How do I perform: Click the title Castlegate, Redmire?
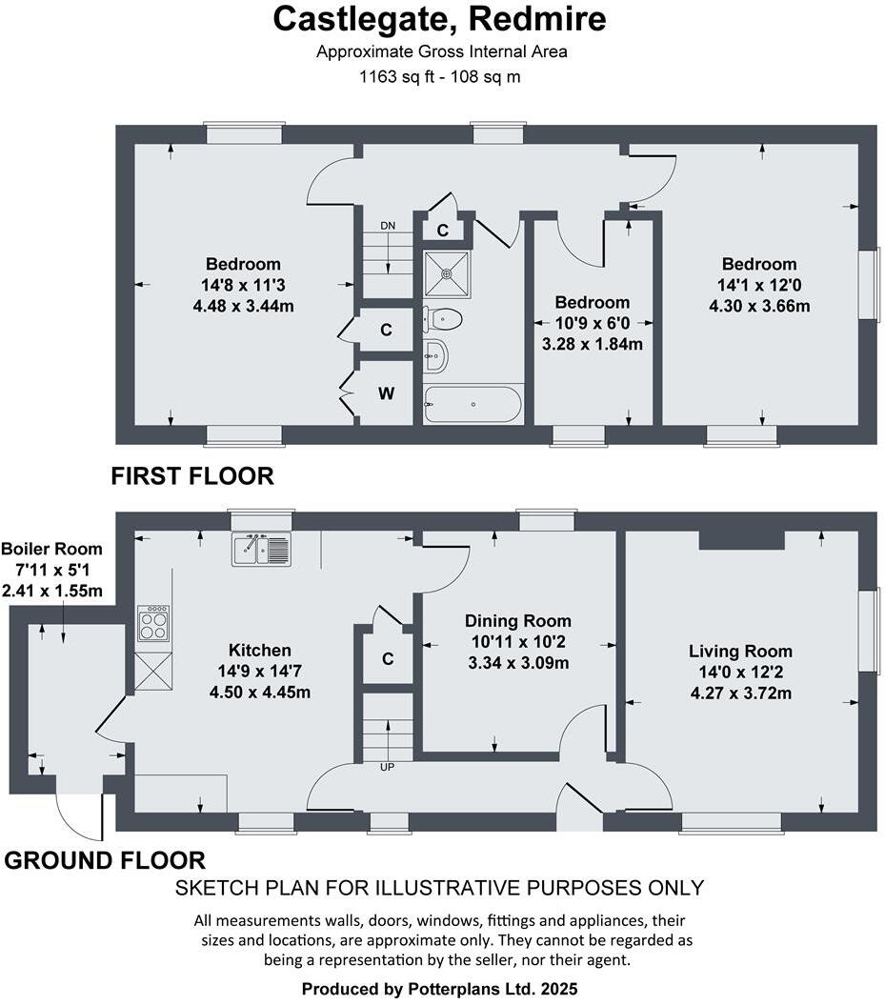pos(439,19)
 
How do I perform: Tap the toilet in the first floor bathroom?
pos(446,319)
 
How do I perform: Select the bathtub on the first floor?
pos(473,404)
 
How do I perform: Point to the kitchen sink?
pos(260,550)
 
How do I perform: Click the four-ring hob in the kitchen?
pos(153,625)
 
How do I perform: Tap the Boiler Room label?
pos(51,550)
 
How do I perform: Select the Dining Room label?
pos(519,621)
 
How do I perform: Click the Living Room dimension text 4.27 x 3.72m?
pos(740,693)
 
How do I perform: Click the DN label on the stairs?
pos(388,226)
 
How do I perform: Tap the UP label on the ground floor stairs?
pos(387,766)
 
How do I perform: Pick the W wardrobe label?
pos(386,392)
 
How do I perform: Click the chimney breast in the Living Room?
pos(741,540)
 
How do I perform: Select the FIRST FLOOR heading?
pos(192,475)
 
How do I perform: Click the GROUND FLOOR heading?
pos(105,861)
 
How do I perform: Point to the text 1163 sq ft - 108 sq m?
pos(439,77)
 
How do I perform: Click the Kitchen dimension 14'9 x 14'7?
pos(260,671)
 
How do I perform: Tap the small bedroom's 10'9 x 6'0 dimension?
pos(592,323)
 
